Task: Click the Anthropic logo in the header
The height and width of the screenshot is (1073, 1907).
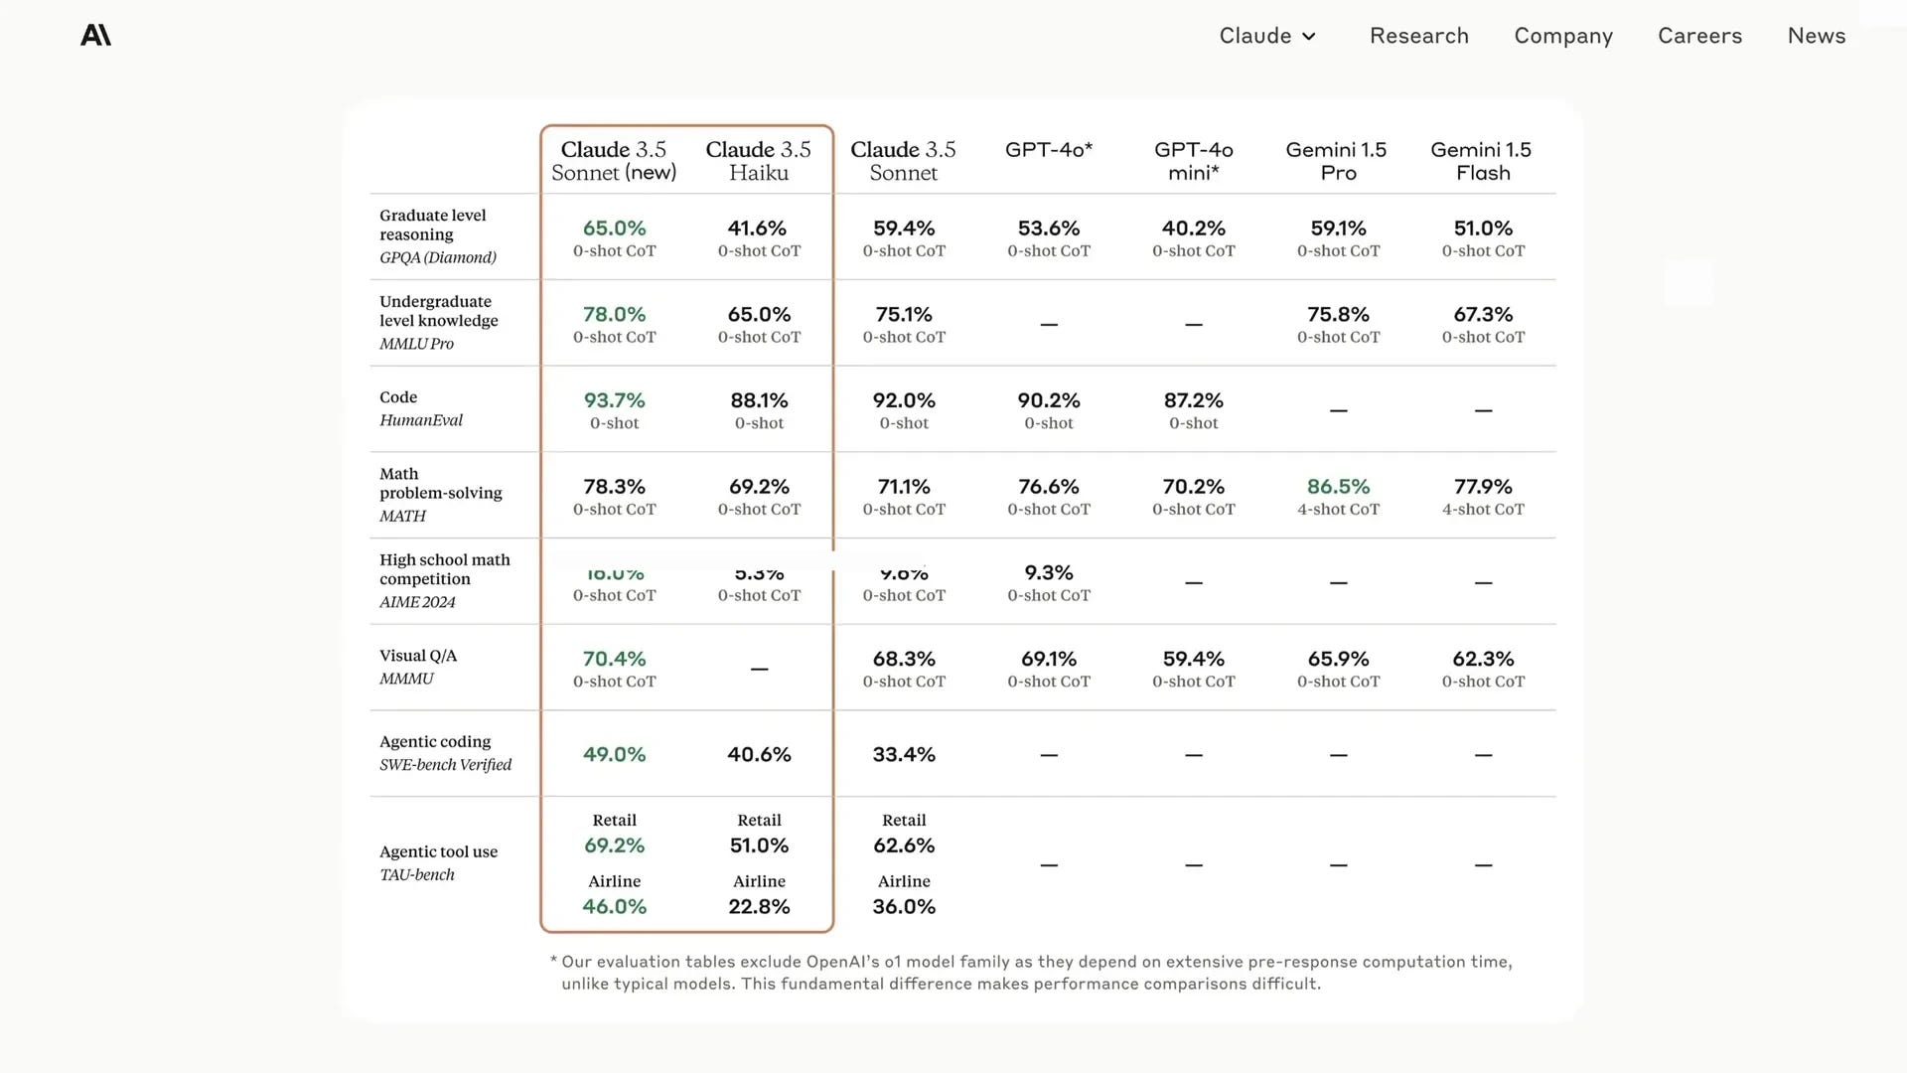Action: [95, 36]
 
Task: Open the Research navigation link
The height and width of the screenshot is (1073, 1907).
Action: [1418, 36]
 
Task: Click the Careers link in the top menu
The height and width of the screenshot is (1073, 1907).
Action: [1699, 36]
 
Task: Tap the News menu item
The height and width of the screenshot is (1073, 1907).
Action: [1816, 36]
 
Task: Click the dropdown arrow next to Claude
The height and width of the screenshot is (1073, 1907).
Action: [1309, 37]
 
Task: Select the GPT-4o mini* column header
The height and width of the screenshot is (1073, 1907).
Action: [1193, 161]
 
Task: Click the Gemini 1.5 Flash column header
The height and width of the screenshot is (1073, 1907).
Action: [1481, 161]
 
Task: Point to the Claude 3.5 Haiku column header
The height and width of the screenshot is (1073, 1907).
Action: [758, 161]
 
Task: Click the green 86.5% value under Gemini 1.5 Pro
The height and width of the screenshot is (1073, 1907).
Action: [1338, 487]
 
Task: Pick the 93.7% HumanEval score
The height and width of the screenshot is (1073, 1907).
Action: [614, 400]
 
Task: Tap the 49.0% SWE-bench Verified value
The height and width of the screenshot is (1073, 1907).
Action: [614, 755]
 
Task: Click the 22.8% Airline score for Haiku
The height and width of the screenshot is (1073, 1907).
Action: [759, 907]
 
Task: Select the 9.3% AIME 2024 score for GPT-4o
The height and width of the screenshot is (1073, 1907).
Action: [1048, 573]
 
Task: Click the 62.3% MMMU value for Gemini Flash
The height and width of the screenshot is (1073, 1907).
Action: [1482, 660]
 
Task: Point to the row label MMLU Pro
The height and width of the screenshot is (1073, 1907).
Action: [416, 344]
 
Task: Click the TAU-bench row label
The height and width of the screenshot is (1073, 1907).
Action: [417, 875]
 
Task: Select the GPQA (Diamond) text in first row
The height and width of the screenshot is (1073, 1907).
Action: [437, 257]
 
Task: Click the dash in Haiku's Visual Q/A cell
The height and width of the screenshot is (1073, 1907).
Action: [759, 670]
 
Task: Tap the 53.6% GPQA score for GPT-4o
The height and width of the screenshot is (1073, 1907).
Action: [1048, 229]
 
